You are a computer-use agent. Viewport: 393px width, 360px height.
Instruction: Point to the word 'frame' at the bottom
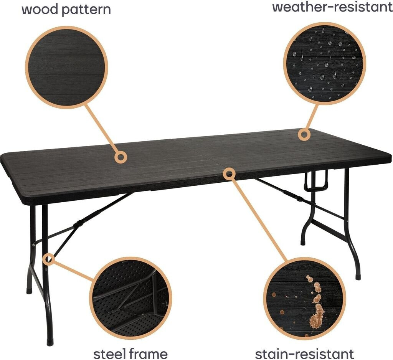tap(148, 353)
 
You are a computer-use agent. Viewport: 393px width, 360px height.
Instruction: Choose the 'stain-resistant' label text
tap(304, 353)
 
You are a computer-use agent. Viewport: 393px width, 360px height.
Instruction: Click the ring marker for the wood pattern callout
tap(121, 157)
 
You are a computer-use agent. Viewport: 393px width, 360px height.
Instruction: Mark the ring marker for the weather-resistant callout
tap(304, 134)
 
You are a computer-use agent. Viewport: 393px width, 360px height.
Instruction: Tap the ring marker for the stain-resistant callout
tap(229, 174)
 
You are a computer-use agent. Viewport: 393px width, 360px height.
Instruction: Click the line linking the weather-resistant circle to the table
tap(312, 117)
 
